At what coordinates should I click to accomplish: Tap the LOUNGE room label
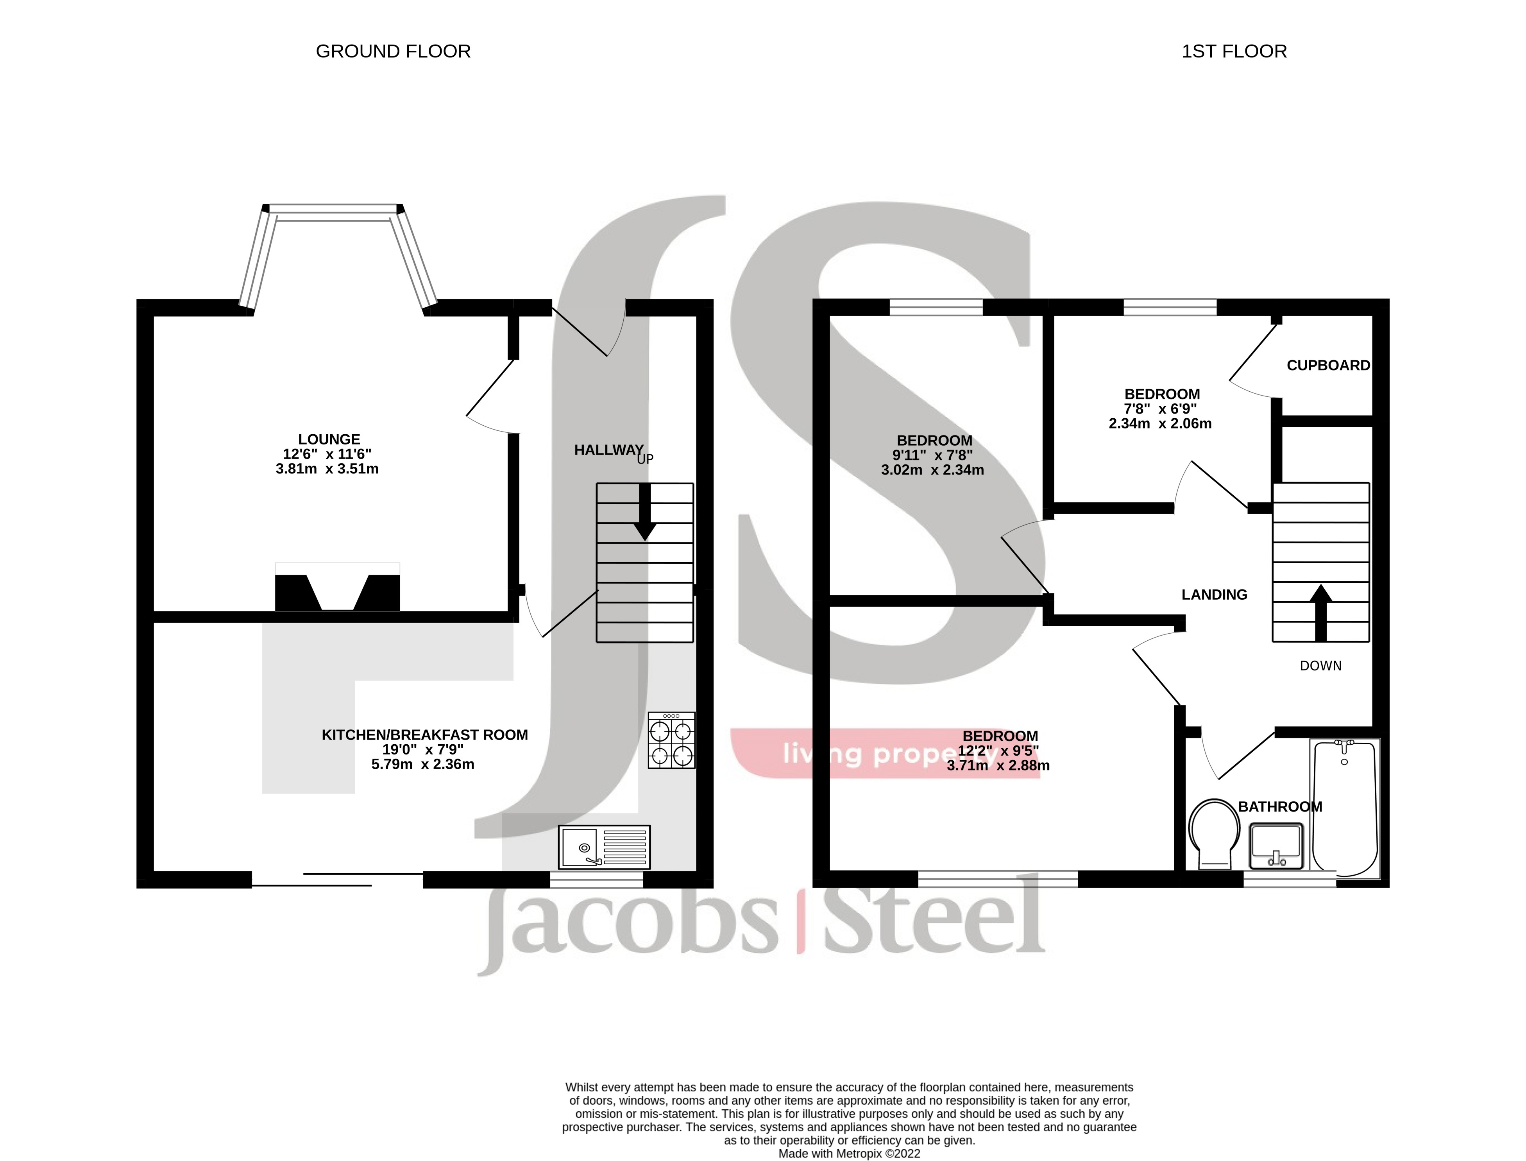329,439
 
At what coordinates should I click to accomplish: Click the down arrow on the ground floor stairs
644,513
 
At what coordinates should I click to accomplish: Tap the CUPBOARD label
1328,365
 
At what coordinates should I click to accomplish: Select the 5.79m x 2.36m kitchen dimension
423,764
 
